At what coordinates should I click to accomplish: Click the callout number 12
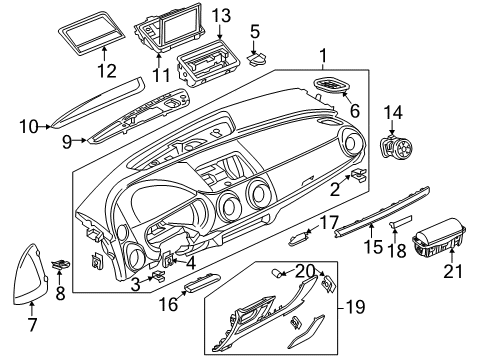107,71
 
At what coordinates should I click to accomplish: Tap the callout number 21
453,271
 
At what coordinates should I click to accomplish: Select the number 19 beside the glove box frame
355,307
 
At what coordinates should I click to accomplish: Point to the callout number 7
32,324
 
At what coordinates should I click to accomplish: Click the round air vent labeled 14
396,147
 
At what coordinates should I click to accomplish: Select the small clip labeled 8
61,265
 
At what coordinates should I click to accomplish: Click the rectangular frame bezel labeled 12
92,33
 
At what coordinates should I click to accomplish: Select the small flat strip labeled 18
401,222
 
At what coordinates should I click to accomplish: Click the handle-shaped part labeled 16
202,282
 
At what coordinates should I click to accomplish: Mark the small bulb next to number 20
275,273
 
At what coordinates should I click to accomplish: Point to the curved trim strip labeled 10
98,103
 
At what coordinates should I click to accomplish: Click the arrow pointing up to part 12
104,54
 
